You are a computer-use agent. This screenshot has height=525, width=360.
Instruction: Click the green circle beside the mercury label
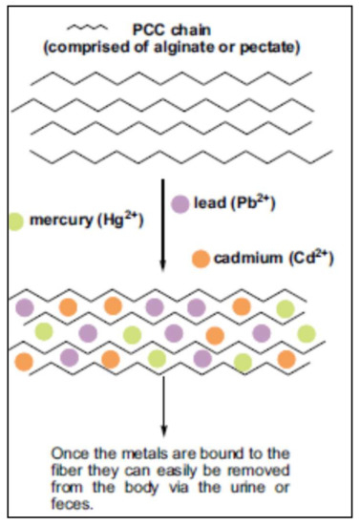point(14,221)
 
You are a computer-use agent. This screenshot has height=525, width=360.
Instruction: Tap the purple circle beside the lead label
point(179,202)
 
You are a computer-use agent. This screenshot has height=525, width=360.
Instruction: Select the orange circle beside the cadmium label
point(201,259)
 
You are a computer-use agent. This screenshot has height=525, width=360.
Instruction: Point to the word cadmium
point(247,259)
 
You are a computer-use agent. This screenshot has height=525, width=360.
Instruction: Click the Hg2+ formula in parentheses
point(123,221)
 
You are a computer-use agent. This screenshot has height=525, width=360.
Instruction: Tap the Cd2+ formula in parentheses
point(307,259)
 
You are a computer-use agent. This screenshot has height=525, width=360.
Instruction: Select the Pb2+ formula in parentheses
point(253,202)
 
